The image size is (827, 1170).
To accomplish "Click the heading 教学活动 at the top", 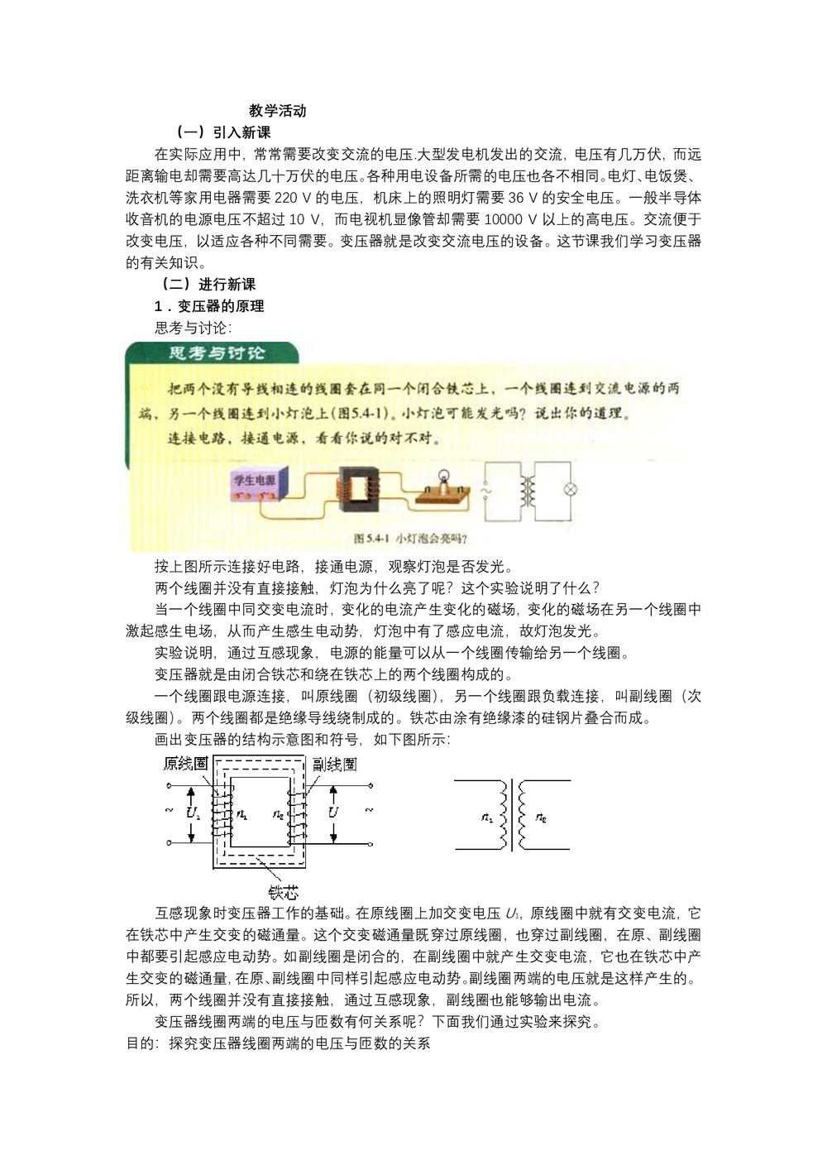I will pyautogui.click(x=277, y=111).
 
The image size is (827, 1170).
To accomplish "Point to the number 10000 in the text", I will pyautogui.click(x=504, y=219).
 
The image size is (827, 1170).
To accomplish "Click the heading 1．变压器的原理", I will pyautogui.click(x=209, y=306).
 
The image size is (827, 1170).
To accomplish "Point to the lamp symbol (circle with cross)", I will pyautogui.click(x=569, y=489).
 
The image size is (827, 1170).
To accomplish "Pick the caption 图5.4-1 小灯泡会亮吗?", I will pyautogui.click(x=410, y=539).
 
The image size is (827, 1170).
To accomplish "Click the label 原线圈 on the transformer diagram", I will pyautogui.click(x=185, y=763).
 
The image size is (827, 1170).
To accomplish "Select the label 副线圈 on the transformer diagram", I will pyautogui.click(x=335, y=764).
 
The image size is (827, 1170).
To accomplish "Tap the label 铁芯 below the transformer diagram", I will pyautogui.click(x=283, y=892).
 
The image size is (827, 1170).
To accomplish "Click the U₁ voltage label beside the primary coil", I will pyautogui.click(x=193, y=813).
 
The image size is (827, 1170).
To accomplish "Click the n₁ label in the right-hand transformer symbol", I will pyautogui.click(x=487, y=818).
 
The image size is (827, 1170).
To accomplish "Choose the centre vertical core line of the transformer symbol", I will pyautogui.click(x=512, y=815).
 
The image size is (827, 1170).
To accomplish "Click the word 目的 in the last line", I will pyautogui.click(x=140, y=1043).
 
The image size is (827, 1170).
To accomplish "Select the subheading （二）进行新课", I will pyautogui.click(x=208, y=285).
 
